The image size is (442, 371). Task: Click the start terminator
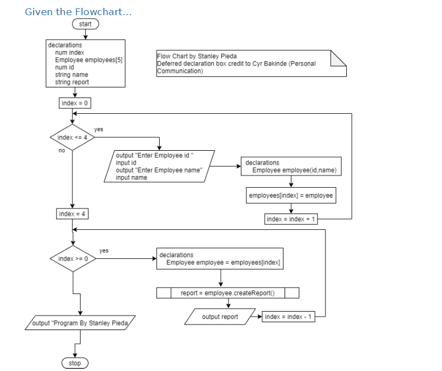(85, 24)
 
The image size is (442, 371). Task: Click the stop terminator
(75, 363)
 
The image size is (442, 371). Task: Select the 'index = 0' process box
(75, 103)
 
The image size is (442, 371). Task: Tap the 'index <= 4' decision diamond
(72, 137)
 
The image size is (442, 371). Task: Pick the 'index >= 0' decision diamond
(73, 258)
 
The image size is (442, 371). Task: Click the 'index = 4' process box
(73, 214)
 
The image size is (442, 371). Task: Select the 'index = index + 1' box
(291, 219)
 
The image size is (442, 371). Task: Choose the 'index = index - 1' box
(289, 317)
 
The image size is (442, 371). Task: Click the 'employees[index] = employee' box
(291, 195)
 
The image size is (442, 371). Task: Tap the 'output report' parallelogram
(220, 317)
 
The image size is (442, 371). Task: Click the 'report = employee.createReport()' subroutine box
(227, 293)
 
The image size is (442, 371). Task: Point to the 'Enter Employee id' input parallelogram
(159, 166)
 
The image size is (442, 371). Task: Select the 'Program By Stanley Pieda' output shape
(81, 323)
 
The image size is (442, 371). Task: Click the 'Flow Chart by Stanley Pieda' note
(251, 63)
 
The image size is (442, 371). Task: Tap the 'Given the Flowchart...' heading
(78, 12)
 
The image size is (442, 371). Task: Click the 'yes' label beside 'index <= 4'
(99, 129)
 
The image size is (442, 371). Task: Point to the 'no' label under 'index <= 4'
(62, 151)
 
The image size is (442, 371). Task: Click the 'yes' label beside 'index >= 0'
(104, 251)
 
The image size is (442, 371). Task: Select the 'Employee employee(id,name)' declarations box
(291, 166)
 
